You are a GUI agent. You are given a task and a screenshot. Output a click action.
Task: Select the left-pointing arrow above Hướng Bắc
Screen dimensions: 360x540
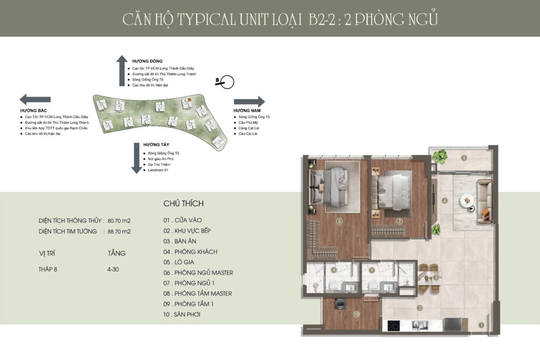click(35, 99)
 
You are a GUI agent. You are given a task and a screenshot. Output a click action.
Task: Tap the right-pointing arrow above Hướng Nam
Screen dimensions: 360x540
click(249, 102)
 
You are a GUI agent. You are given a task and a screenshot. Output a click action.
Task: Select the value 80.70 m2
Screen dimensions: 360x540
click(119, 221)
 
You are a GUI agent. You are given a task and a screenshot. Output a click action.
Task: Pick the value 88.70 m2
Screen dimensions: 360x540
click(119, 231)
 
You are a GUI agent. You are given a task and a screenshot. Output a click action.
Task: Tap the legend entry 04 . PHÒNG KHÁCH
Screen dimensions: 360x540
click(190, 252)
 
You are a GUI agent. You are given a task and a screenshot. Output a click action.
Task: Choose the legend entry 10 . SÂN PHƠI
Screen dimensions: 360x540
click(182, 315)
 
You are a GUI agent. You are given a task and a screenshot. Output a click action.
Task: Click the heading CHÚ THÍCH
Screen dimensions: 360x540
click(184, 203)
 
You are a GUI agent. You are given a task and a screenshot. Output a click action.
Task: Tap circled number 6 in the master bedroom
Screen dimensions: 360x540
click(340, 221)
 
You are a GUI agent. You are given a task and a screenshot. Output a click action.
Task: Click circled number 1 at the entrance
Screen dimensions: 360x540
click(480, 326)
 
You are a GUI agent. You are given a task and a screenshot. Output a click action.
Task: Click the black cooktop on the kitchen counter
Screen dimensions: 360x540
click(394, 326)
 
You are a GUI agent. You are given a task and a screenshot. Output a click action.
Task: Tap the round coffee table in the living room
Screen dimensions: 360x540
click(466, 201)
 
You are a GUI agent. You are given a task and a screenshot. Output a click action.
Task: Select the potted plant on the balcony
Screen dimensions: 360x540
click(439, 155)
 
